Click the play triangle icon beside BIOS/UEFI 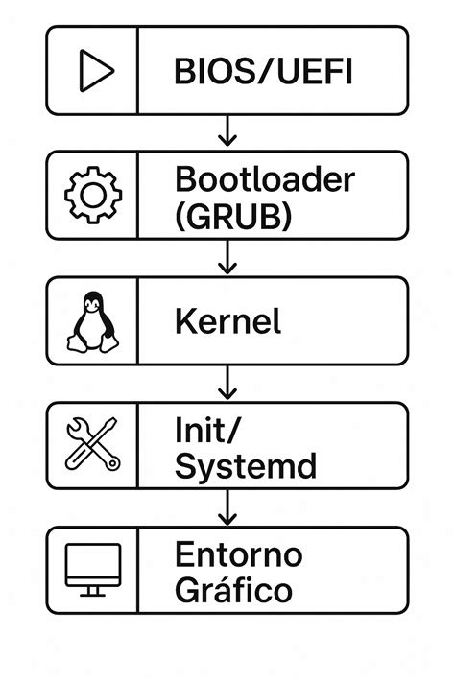[95, 71]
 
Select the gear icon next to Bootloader [92, 196]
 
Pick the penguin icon [93, 321]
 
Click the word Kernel [228, 321]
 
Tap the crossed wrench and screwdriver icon [92, 444]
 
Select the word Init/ [204, 429]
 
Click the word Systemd [246, 466]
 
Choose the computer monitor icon [92, 568]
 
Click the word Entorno [239, 553]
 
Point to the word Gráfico [233, 589]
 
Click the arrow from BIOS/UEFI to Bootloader [227, 131]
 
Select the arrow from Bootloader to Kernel [227, 257]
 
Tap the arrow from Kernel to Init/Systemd [227, 382]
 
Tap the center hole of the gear [92, 196]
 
